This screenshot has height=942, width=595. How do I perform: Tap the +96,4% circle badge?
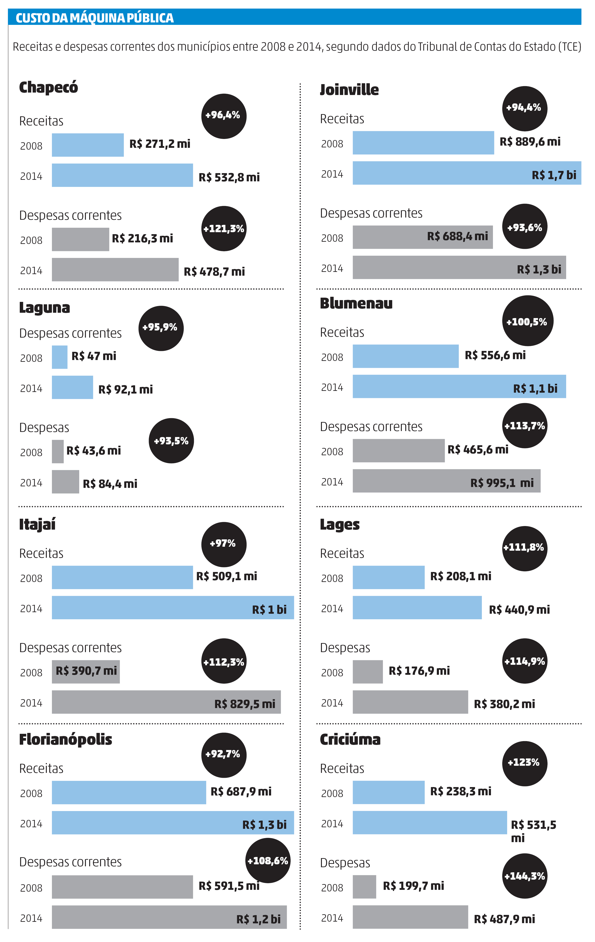click(224, 116)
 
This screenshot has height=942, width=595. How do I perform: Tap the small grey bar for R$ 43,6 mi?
click(58, 451)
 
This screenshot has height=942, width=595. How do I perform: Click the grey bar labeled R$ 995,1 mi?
click(446, 481)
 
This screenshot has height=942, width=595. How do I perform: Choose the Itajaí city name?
click(37, 524)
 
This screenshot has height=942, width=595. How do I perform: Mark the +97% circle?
click(224, 544)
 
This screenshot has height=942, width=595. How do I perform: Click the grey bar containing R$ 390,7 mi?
click(86, 672)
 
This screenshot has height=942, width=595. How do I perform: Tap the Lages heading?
click(339, 524)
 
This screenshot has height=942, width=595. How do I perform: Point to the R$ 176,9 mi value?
click(419, 671)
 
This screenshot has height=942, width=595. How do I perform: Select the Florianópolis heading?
click(66, 739)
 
